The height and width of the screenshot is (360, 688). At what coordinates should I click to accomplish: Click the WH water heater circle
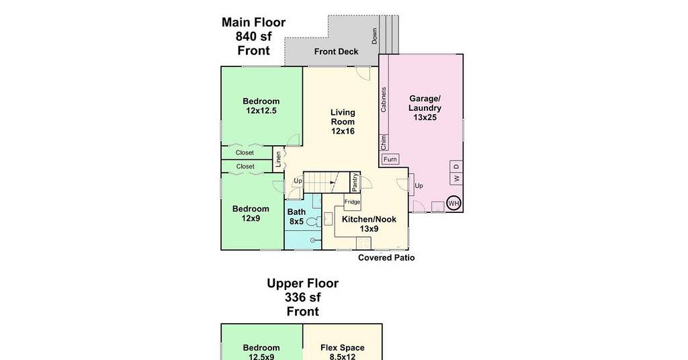[x=454, y=203]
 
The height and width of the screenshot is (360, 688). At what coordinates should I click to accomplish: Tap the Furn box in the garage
[x=390, y=159]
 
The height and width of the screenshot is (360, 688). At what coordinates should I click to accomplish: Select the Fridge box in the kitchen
[x=352, y=201]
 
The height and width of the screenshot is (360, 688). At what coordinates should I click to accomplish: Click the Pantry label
[x=355, y=182]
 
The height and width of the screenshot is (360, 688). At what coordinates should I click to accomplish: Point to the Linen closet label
[x=278, y=160]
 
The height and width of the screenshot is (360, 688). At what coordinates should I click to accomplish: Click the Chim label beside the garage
[x=384, y=142]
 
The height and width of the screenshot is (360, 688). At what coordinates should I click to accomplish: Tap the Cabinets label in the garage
[x=384, y=99]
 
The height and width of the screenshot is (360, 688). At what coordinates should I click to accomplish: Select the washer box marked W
[x=456, y=179]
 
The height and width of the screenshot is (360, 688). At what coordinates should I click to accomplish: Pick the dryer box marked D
[x=456, y=167]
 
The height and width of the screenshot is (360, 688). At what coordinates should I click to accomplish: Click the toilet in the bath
[x=314, y=222]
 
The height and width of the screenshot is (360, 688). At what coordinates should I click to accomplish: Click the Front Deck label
[x=336, y=51]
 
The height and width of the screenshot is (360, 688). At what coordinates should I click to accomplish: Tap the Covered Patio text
[x=386, y=257]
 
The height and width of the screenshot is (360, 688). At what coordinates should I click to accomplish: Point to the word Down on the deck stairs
[x=374, y=36]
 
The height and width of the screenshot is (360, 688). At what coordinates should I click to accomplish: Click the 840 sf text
[x=253, y=36]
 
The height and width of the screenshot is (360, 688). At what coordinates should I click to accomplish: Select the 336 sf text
[x=303, y=298]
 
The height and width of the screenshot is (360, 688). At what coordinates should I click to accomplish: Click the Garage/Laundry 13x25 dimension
[x=425, y=118]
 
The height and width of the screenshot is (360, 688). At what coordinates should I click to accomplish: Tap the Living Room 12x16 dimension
[x=343, y=131]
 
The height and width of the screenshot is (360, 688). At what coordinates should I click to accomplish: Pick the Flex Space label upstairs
[x=342, y=348]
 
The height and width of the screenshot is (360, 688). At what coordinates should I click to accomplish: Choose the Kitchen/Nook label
[x=369, y=219]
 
